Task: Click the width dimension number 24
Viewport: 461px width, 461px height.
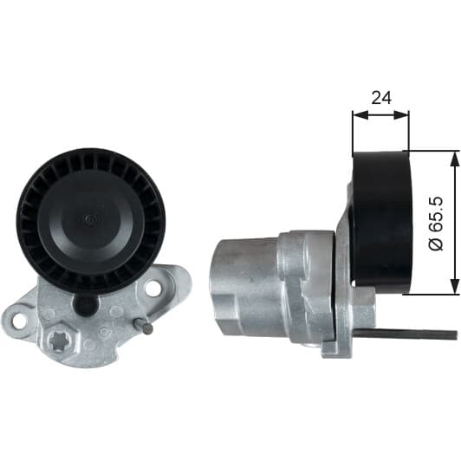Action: (381, 98)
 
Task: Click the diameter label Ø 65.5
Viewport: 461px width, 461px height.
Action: (436, 224)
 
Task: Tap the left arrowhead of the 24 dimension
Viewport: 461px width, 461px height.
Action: (360, 115)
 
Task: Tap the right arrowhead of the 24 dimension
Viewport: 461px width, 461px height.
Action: (400, 115)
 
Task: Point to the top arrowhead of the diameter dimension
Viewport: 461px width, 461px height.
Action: (455, 160)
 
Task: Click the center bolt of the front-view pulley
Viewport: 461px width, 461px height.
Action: (90, 218)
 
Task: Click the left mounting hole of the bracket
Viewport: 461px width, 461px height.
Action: (19, 320)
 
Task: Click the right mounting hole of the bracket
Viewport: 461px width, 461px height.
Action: (153, 287)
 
